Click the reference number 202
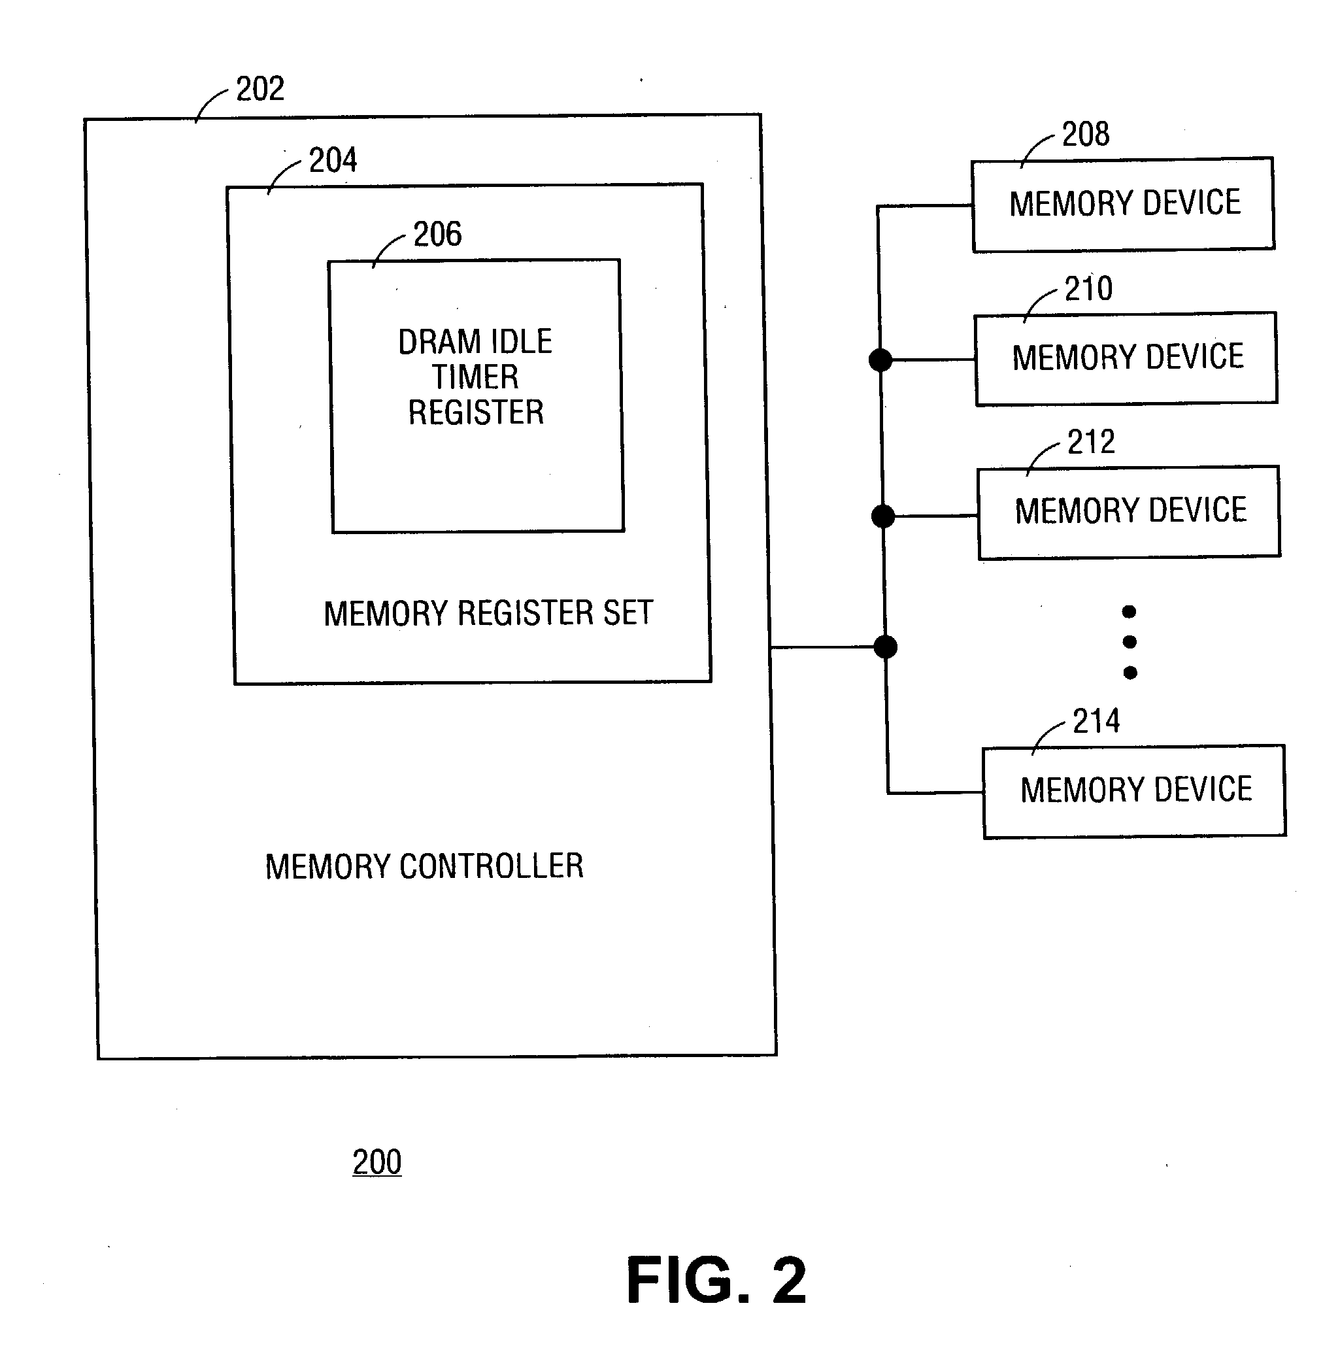click(260, 89)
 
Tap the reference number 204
click(333, 161)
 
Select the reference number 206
click(437, 234)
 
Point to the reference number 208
click(1085, 134)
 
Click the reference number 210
click(1088, 288)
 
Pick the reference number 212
click(1091, 442)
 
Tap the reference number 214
click(1096, 721)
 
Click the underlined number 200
click(377, 1162)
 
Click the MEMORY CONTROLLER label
click(424, 867)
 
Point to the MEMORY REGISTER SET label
click(488, 614)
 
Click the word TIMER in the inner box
click(475, 377)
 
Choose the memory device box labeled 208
click(1124, 205)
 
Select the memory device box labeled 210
click(1126, 358)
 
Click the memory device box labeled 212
click(1129, 512)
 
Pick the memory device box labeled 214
click(1135, 792)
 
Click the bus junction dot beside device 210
click(880, 360)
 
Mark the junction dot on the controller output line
click(885, 647)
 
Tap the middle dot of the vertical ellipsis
click(1130, 642)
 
